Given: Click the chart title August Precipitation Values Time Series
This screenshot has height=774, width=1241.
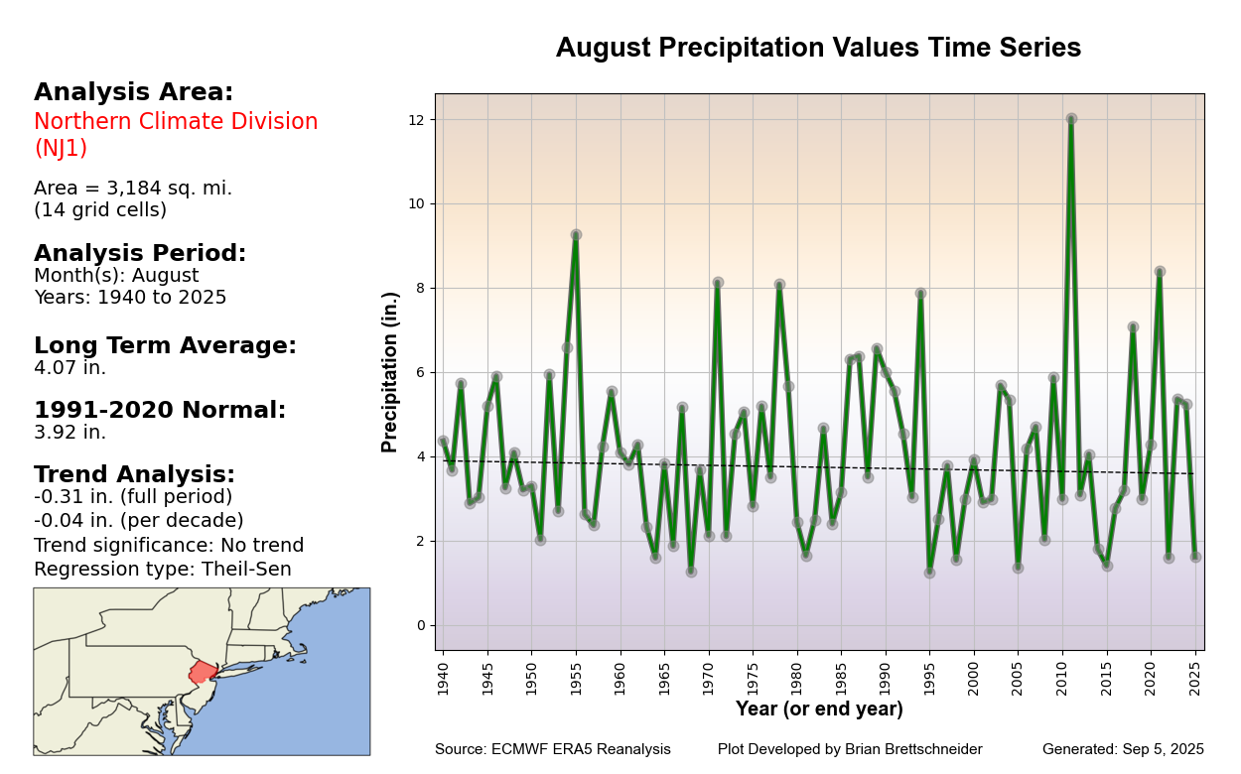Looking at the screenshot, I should (818, 49).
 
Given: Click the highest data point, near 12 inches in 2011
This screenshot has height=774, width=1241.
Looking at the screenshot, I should (1071, 119).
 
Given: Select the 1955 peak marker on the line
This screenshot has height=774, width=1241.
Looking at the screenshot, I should (576, 235).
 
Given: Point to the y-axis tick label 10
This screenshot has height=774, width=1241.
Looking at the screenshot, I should (417, 203).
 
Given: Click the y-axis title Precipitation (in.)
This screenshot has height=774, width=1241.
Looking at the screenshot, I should (391, 372).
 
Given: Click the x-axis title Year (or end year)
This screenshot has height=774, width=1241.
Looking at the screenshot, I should (819, 709).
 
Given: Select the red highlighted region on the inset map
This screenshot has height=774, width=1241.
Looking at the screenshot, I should (203, 672).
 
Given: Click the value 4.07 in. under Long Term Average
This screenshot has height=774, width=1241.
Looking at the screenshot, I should (69, 368).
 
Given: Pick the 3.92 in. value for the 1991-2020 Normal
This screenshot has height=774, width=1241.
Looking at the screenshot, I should (69, 433).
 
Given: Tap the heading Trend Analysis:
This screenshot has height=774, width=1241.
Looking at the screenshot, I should (134, 475).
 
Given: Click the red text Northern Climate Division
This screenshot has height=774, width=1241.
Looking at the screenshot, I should (176, 122).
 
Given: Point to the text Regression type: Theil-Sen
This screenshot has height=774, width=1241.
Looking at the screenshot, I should (163, 570).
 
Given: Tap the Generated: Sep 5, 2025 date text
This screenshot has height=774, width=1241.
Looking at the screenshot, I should (1123, 749).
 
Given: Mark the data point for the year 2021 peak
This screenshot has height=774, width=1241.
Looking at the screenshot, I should (1160, 272).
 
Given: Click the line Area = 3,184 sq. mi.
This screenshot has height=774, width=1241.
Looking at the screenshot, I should (133, 189).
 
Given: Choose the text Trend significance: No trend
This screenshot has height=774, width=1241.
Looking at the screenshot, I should (169, 546).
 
